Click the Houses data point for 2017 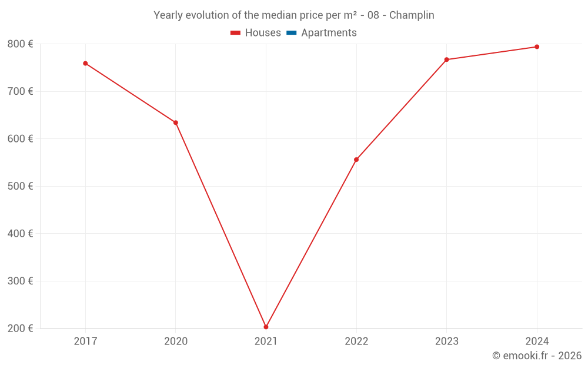(x=85, y=63)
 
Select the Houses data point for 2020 (x=175, y=122)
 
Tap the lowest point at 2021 (x=266, y=327)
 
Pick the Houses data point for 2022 (x=356, y=160)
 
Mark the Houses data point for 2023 (x=446, y=59)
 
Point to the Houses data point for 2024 (x=537, y=47)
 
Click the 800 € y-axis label (x=20, y=44)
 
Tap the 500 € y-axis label (x=20, y=186)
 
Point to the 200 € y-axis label (x=20, y=328)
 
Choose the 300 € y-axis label (x=20, y=281)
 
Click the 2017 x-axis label (x=85, y=341)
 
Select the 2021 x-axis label (x=266, y=341)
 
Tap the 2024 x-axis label (x=537, y=341)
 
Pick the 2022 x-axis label (x=356, y=341)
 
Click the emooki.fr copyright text (x=537, y=356)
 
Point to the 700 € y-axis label (x=20, y=91)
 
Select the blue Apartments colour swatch (x=291, y=33)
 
